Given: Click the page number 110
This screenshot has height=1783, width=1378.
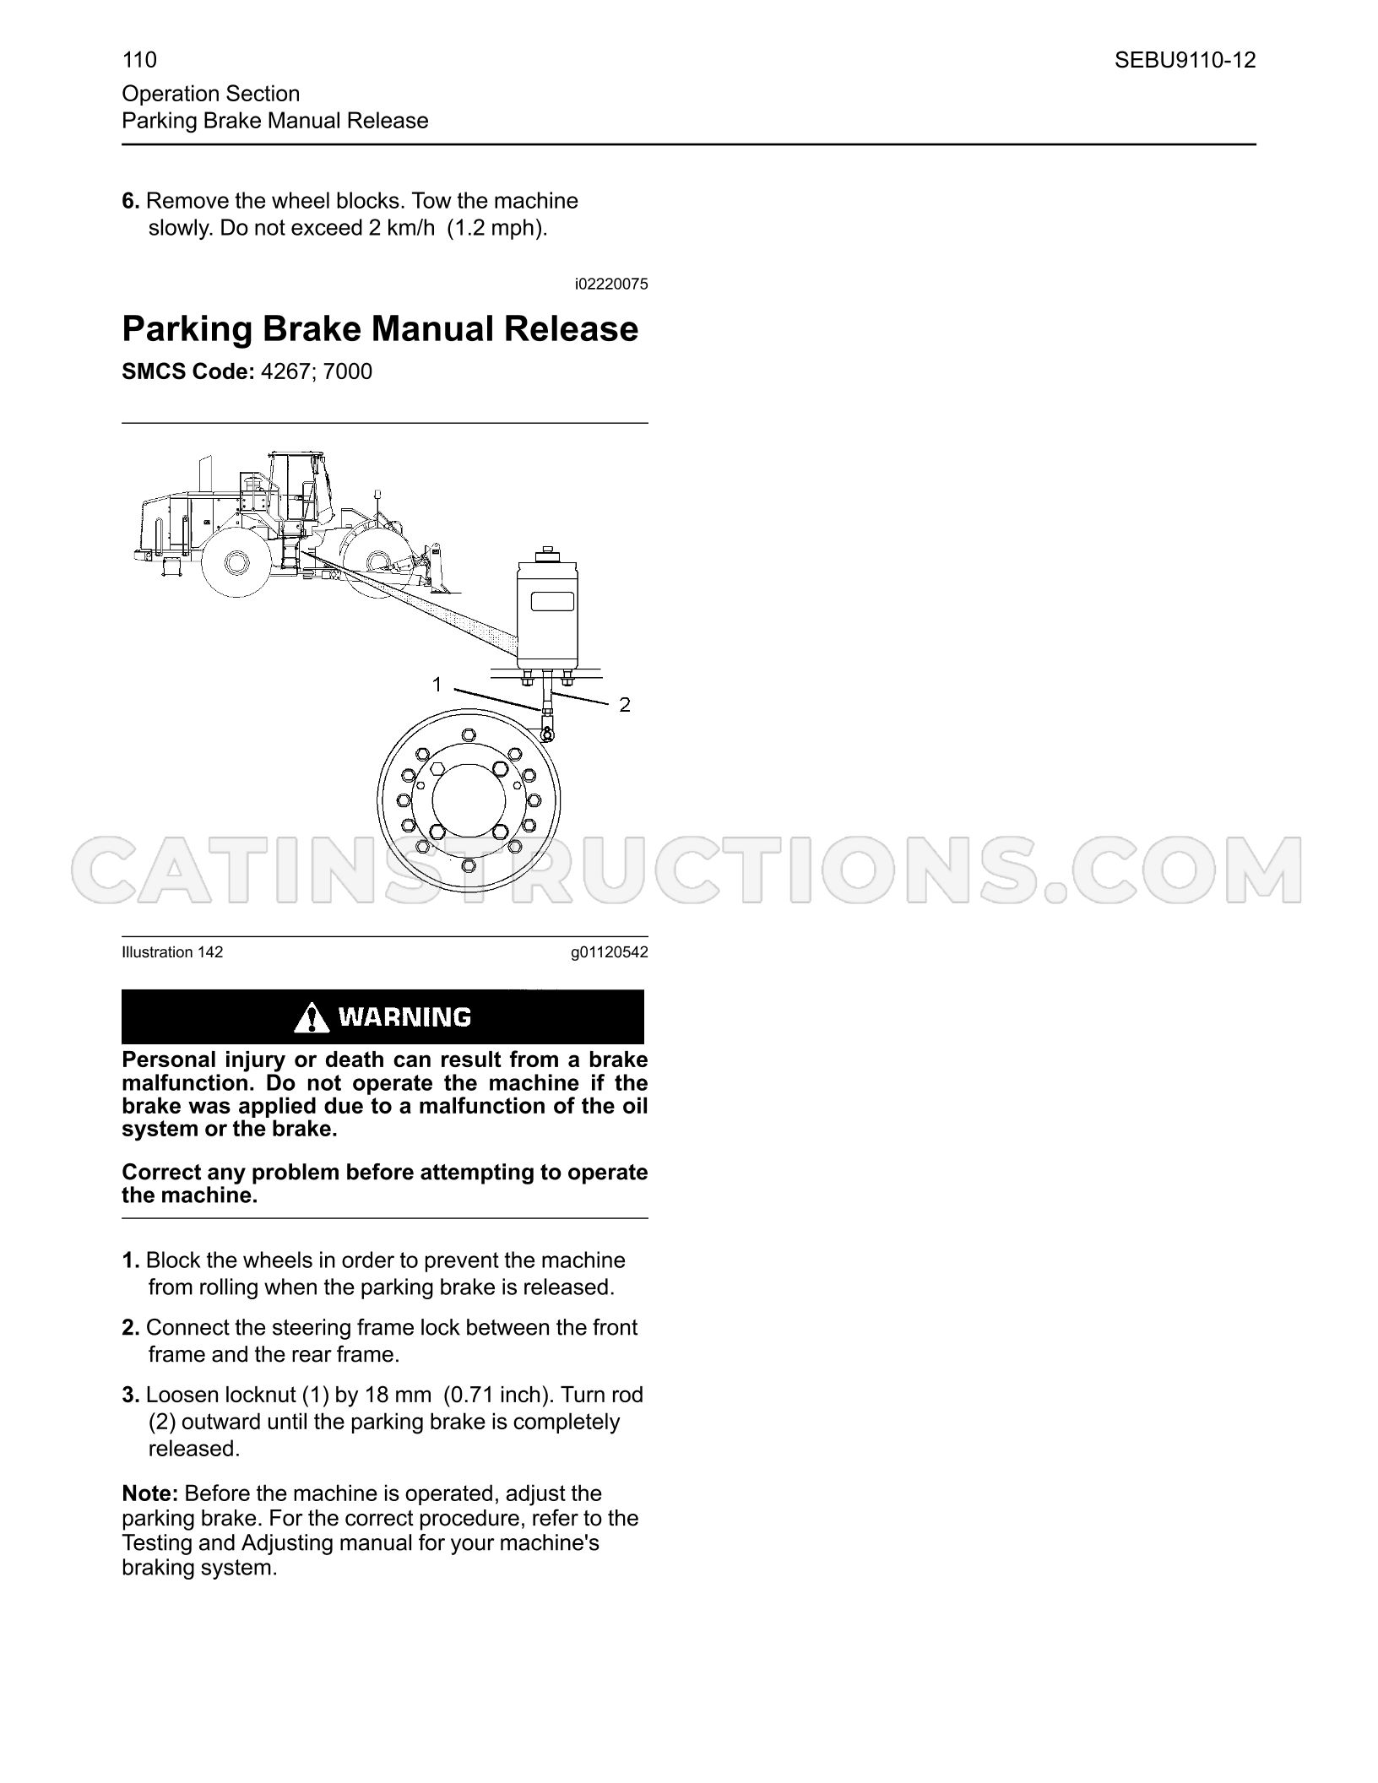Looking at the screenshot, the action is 139,60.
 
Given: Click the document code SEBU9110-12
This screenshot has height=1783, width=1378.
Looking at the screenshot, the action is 1185,60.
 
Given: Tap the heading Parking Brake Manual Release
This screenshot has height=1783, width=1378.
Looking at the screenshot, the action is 380,328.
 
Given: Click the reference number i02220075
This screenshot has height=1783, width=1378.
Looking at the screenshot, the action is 611,285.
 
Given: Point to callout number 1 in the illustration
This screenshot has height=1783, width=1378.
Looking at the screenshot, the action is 437,684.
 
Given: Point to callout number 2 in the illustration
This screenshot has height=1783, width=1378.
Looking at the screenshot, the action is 625,705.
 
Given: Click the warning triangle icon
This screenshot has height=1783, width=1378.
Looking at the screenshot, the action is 312,1018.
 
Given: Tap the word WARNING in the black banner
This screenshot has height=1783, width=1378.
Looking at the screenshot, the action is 404,1017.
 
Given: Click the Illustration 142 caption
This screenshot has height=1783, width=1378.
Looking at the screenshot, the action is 172,952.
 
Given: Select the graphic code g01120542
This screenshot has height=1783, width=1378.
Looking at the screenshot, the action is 610,953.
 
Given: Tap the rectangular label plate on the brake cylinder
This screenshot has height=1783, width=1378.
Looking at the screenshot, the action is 552,602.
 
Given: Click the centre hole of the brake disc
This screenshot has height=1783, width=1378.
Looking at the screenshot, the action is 469,798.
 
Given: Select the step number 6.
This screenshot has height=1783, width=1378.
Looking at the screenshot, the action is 131,201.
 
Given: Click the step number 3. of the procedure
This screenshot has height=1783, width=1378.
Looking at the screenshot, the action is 131,1395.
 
